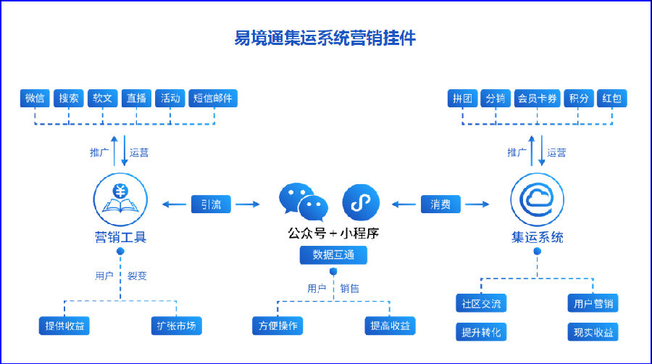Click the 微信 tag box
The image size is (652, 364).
tap(35, 98)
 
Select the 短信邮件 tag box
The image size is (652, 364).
tap(213, 98)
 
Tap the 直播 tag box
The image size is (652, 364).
tap(136, 98)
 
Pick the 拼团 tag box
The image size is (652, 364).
tap(462, 98)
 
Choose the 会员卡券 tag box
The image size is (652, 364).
tap(538, 98)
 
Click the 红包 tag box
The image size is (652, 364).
tap(611, 98)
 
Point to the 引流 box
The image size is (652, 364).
tap(211, 204)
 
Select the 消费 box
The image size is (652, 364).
tap(440, 204)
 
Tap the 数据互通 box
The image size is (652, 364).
tap(333, 255)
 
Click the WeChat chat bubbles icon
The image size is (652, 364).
tap(304, 202)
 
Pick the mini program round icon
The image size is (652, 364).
tap(361, 202)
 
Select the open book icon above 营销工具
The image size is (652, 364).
tap(120, 199)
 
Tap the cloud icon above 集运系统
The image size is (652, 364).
tap(538, 199)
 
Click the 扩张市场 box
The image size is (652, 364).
tap(176, 326)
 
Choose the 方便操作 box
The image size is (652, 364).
tap(277, 326)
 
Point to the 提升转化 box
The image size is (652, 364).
tap(481, 332)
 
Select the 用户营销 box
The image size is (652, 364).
tap(593, 303)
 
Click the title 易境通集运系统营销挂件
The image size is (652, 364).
tap(325, 38)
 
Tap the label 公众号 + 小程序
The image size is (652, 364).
tap(333, 233)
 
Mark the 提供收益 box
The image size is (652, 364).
tap(64, 326)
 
